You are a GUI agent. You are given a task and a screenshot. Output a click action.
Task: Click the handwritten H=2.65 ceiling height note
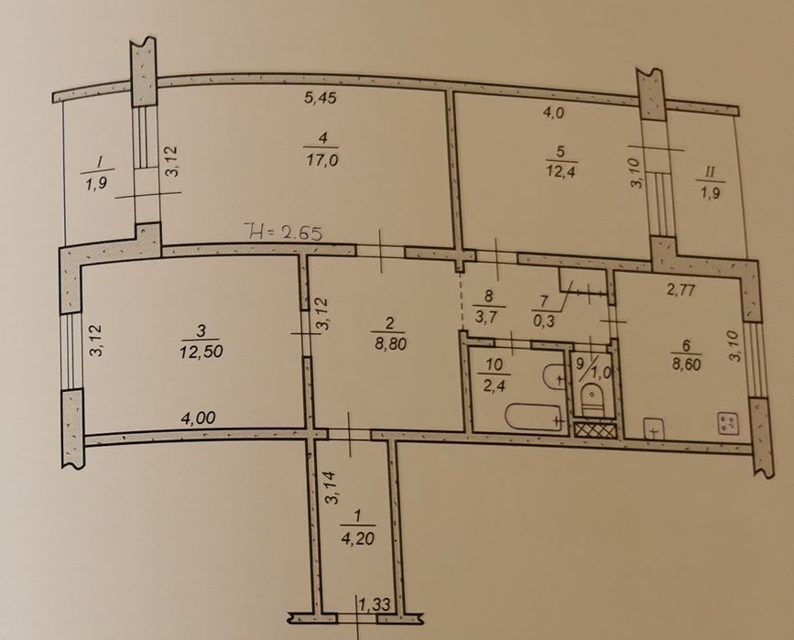point(283,233)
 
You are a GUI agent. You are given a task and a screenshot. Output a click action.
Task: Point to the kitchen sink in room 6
point(654,428)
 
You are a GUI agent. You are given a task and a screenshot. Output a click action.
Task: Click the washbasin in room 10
point(553,375)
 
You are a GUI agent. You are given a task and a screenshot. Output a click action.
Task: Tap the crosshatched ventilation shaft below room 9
point(596,430)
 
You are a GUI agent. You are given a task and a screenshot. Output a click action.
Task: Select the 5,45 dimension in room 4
point(320,97)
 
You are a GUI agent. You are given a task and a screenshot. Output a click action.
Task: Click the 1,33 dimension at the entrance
point(375,604)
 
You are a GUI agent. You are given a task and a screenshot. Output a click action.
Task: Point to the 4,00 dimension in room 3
point(199,418)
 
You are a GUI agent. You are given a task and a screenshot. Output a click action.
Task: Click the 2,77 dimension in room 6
point(680,290)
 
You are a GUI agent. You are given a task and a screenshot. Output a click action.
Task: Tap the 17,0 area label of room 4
point(322,160)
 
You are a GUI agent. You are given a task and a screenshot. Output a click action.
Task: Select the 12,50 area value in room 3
point(201,351)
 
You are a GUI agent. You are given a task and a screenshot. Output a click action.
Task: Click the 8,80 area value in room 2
point(389,344)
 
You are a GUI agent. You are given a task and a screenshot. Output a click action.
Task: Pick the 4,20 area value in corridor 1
point(357,537)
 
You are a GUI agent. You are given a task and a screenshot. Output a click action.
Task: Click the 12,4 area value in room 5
point(561,172)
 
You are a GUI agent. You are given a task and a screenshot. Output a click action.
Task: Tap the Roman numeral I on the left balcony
point(100,162)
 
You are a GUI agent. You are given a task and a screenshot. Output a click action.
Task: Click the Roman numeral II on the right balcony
point(710,172)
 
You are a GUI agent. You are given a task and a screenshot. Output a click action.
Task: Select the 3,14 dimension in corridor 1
point(332,489)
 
